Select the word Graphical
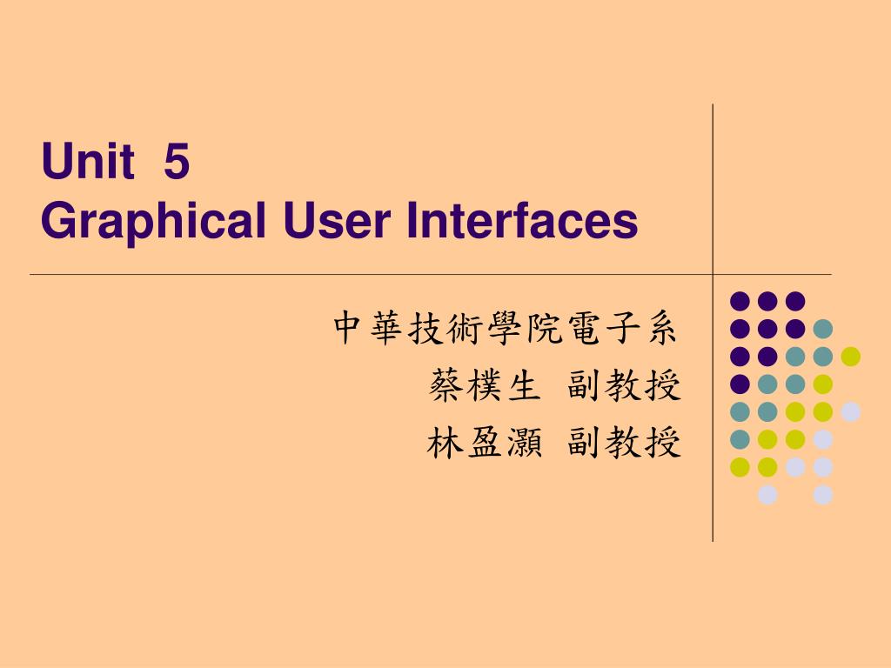[152, 223]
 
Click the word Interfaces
[523, 221]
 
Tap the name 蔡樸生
[482, 386]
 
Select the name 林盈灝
[482, 444]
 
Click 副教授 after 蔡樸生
[624, 386]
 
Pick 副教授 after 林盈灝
[624, 444]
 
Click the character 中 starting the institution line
[348, 328]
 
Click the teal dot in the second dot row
[822, 329]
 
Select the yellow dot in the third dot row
[850, 356]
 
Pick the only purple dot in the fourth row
[740, 384]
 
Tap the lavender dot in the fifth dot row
[850, 411]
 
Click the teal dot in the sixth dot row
[740, 439]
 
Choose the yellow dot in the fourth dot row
[822, 384]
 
